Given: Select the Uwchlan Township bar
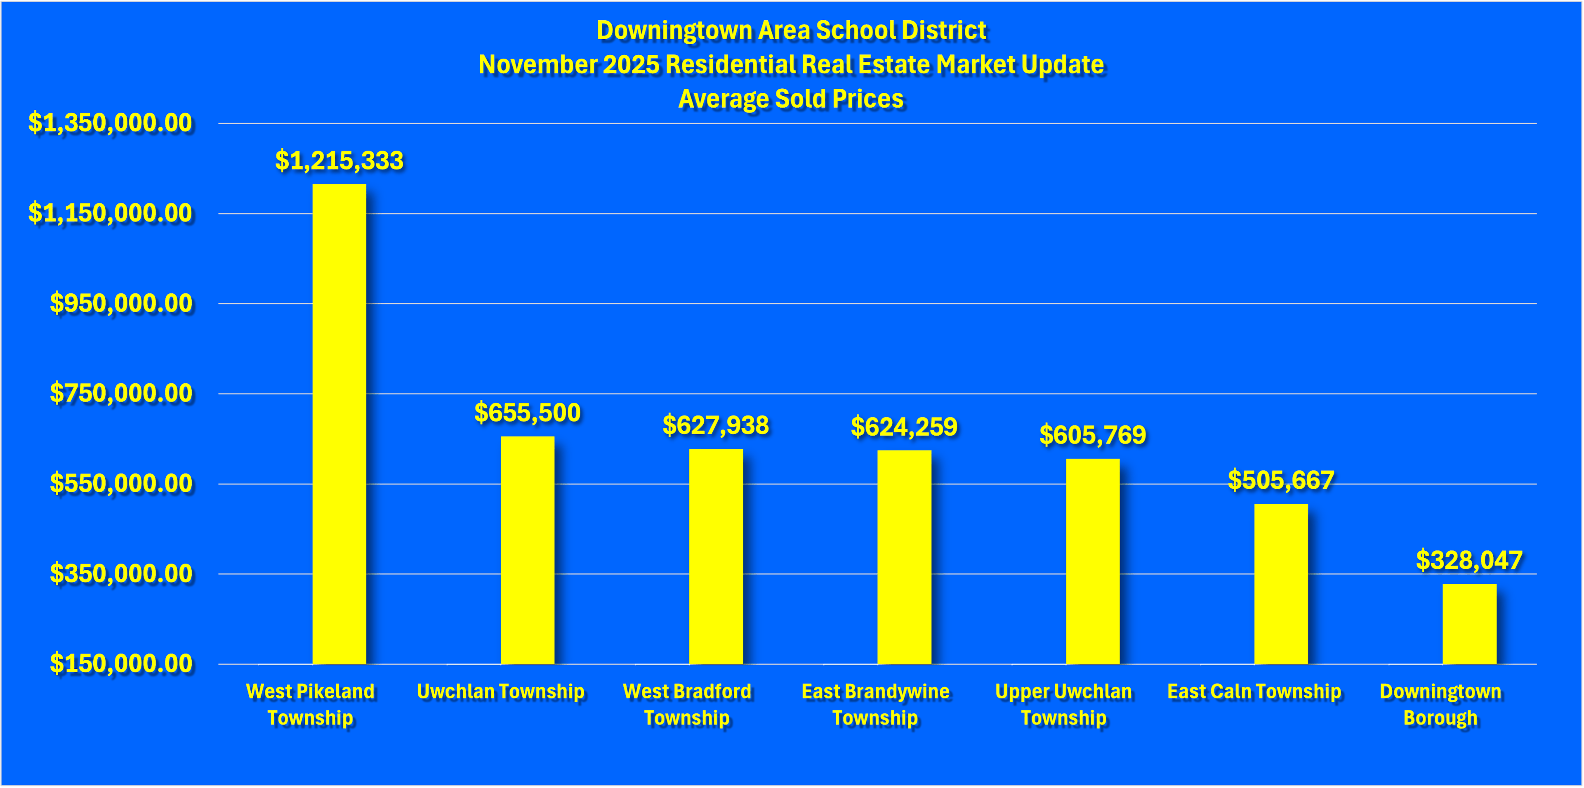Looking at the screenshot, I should tap(527, 550).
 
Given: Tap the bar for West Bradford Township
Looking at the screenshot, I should tap(716, 557).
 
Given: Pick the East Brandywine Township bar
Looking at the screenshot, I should tap(904, 557).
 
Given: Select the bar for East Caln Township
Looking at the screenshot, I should tap(1281, 584).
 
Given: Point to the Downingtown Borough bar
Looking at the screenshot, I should tap(1469, 624).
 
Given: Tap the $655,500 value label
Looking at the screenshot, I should tap(527, 413).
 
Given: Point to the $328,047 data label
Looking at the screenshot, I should tap(1469, 560).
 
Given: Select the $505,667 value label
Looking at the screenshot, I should tap(1281, 480).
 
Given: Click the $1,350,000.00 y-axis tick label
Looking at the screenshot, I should tap(110, 123).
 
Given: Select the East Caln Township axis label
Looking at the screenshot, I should tap(1254, 691).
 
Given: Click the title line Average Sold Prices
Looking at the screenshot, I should tap(791, 99).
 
